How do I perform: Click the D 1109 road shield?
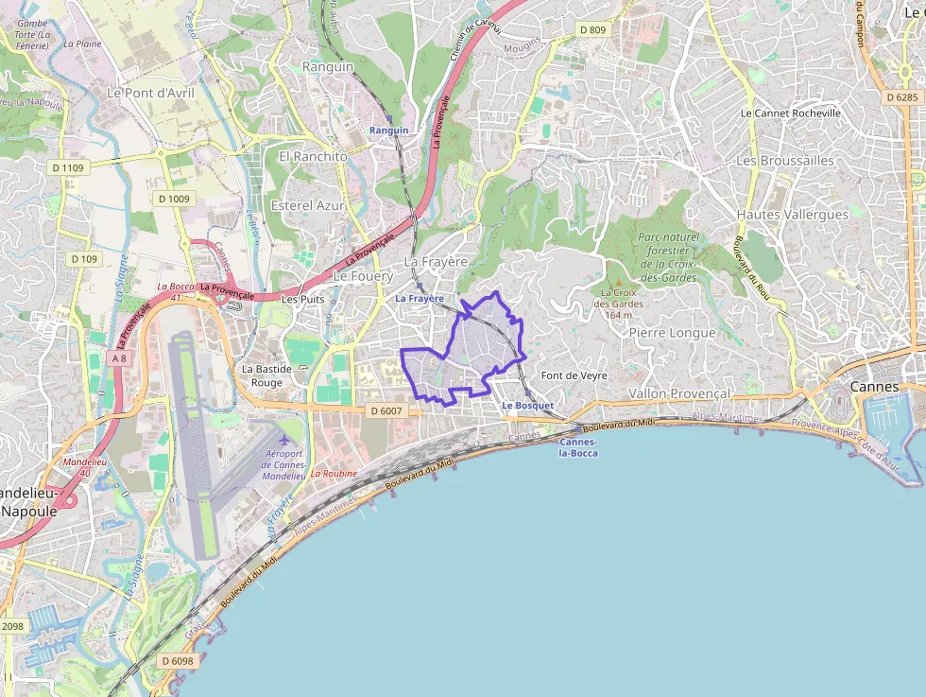68,167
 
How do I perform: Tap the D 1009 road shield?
174,199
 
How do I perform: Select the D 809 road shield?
592,30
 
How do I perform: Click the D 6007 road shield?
386,410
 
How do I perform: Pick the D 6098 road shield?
177,661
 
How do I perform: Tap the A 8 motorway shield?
118,358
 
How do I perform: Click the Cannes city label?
875,386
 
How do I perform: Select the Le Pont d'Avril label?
150,93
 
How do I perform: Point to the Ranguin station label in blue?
389,130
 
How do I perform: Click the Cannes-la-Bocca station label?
578,447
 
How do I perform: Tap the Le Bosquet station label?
527,405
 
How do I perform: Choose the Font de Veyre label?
574,375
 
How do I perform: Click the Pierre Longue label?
672,333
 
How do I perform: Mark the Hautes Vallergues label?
792,215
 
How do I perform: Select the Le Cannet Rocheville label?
790,113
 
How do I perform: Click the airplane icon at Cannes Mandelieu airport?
283,441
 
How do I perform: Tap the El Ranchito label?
312,156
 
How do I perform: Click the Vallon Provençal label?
678,393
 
